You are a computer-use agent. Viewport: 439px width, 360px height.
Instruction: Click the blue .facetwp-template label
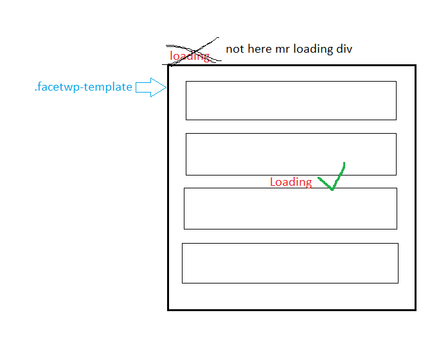(x=83, y=87)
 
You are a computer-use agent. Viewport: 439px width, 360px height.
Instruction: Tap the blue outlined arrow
(x=151, y=87)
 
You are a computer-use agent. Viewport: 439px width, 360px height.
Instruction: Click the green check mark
(x=332, y=177)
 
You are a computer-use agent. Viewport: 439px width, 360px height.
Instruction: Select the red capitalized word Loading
(x=291, y=182)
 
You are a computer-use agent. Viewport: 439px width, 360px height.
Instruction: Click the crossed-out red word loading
(x=190, y=56)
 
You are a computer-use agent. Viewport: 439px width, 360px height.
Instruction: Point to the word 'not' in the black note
(x=235, y=49)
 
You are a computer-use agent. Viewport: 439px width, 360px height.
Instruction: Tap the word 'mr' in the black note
(x=283, y=50)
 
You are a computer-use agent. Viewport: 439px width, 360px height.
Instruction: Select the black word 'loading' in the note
(x=313, y=50)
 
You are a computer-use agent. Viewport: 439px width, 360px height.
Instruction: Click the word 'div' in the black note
(x=345, y=49)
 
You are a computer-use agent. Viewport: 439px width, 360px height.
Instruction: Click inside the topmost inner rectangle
(x=291, y=100)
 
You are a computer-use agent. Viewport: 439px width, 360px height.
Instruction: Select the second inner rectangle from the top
(x=291, y=154)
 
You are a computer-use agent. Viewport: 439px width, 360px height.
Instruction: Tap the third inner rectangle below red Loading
(x=291, y=208)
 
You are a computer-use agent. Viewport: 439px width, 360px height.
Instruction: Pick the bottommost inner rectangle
(x=290, y=263)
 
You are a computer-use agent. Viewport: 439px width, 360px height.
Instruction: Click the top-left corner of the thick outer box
(x=168, y=66)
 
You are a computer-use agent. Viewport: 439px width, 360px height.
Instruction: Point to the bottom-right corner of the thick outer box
(x=415, y=310)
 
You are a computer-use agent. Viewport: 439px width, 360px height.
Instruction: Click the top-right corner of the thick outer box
(x=415, y=66)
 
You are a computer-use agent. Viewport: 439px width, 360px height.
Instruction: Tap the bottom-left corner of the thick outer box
(x=168, y=310)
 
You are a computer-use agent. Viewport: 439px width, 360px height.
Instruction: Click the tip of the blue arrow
(x=166, y=87)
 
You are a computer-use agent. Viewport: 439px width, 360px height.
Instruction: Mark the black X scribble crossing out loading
(x=195, y=51)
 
